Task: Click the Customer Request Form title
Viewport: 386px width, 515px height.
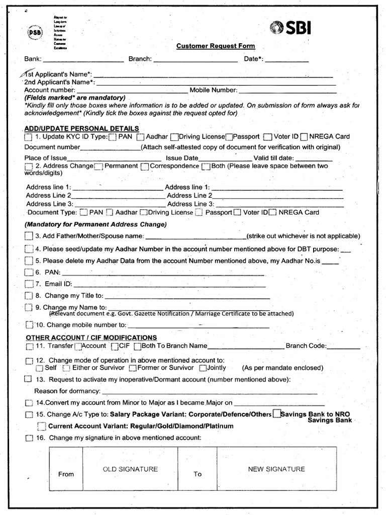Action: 216,46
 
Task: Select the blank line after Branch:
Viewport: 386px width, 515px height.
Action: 196,60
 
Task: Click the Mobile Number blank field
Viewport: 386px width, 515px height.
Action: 287,91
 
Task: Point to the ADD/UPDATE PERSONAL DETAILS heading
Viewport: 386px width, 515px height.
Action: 81,129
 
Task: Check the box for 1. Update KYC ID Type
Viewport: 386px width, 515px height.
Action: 27,137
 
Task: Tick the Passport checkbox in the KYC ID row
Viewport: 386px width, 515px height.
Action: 229,137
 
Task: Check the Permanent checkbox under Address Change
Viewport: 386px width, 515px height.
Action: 98,166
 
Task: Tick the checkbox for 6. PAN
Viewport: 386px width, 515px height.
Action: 28,272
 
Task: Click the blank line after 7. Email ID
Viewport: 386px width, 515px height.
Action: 171,285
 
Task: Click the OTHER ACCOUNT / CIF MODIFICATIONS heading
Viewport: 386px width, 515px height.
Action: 91,337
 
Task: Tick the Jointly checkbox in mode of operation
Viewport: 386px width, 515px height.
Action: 203,368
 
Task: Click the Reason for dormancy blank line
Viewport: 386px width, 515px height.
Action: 210,392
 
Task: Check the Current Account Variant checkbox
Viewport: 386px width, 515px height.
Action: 42,426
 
